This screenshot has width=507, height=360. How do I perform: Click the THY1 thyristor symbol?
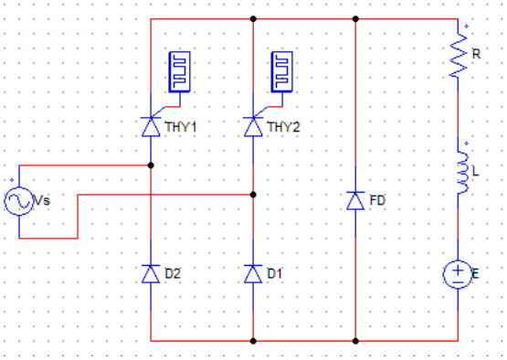point(151,127)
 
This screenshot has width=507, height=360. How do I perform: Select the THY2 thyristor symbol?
point(253,127)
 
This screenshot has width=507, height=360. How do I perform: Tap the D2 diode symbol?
point(151,273)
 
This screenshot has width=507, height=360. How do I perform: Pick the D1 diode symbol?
point(253,273)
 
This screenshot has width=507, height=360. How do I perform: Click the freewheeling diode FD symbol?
point(355,200)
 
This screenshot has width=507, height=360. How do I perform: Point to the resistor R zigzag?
point(459,54)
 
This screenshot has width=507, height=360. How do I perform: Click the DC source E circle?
point(458,274)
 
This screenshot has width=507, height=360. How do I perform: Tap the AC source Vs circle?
point(19,201)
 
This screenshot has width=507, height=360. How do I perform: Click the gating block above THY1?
point(180,72)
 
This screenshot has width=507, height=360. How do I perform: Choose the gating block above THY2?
point(282,72)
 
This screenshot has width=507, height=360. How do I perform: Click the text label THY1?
point(181,127)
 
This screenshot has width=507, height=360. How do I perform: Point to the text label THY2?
point(284,127)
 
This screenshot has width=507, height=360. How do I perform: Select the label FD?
point(377,200)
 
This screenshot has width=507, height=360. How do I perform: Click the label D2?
point(173,273)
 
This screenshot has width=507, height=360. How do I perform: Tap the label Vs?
point(42,200)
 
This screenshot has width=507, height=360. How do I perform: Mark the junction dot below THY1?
point(151,165)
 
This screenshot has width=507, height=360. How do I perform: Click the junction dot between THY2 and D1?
point(253,195)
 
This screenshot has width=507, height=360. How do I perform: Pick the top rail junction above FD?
point(355,19)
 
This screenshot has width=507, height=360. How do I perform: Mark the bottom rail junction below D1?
point(253,341)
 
